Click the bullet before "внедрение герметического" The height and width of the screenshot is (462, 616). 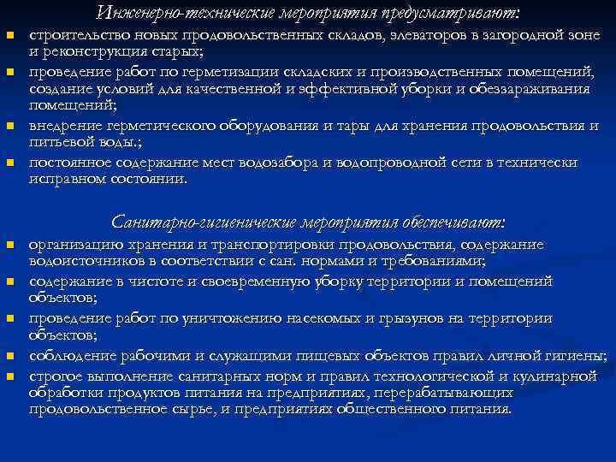tap(10, 127)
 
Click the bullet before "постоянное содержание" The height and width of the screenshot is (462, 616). tap(10, 163)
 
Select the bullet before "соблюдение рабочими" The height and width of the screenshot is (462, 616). tap(10, 355)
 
